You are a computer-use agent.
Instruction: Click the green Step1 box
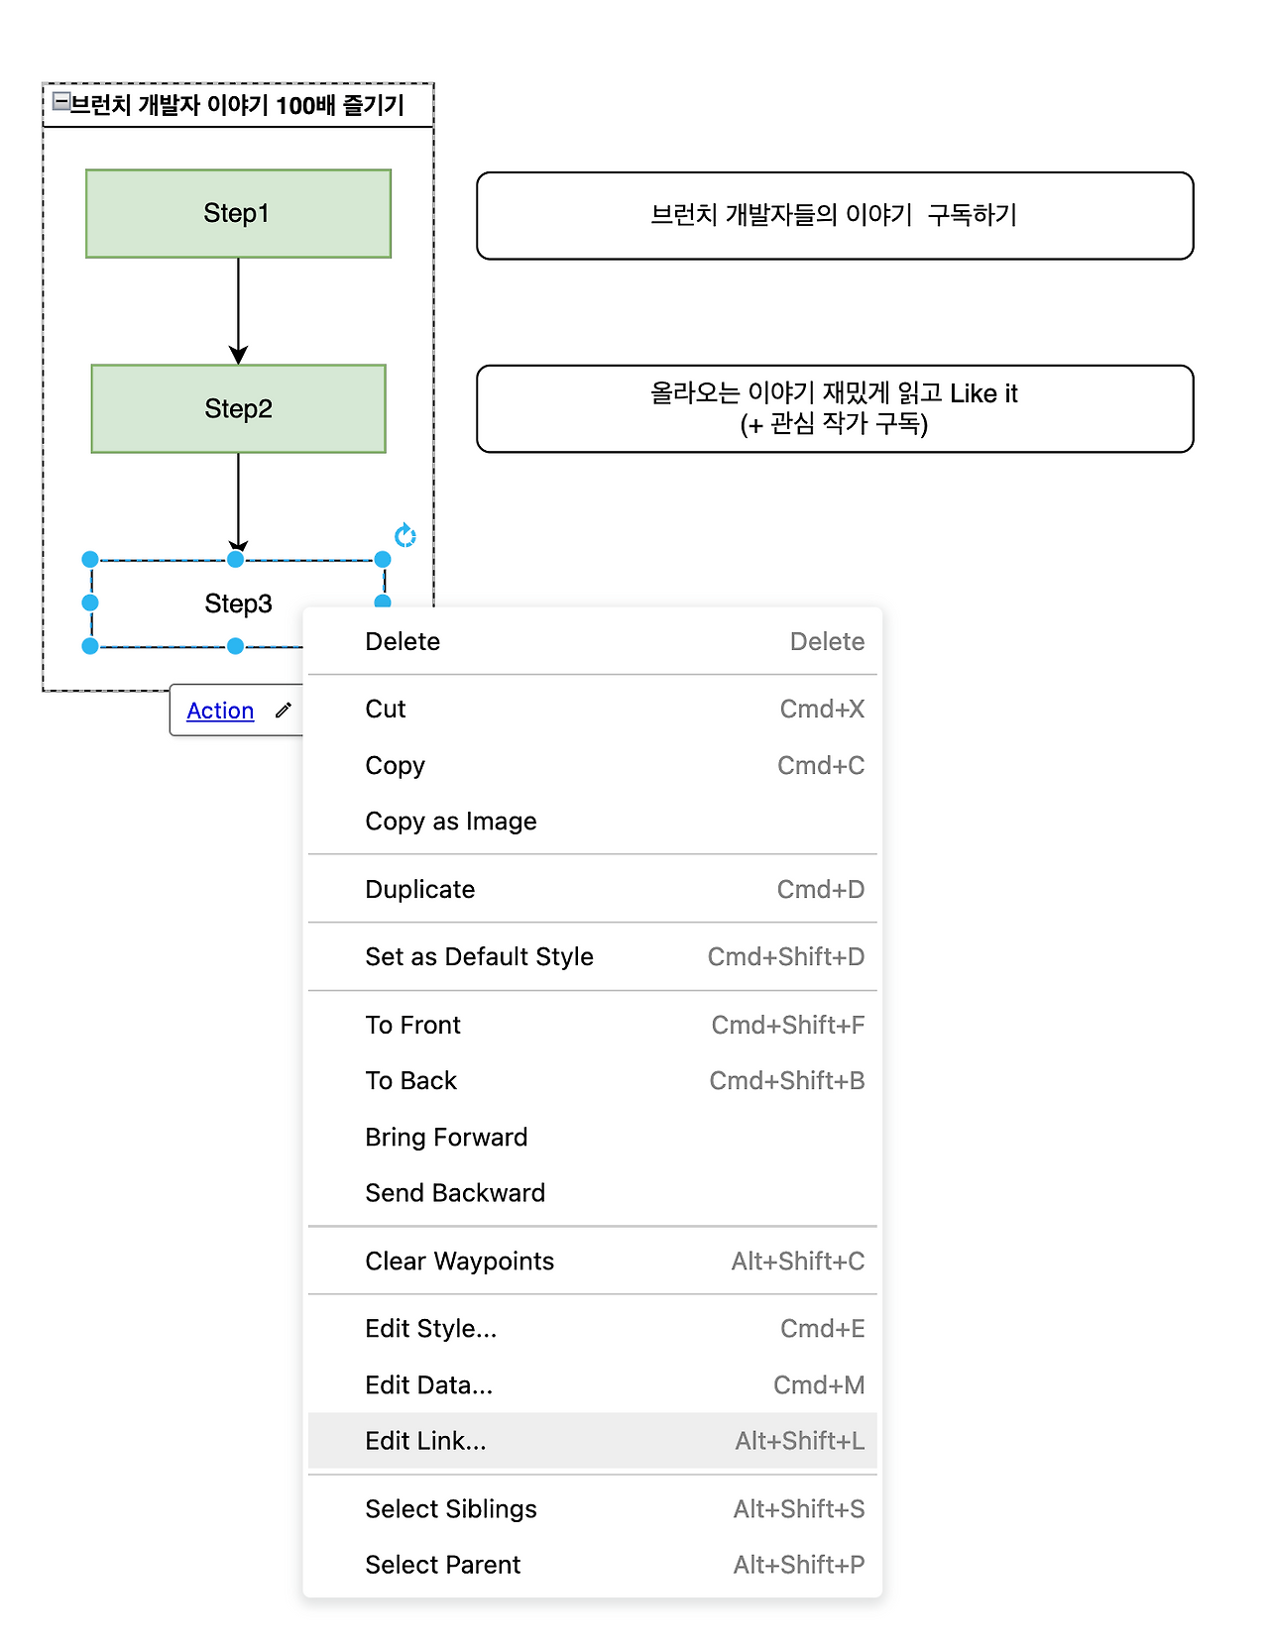click(238, 213)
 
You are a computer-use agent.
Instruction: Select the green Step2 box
click(238, 408)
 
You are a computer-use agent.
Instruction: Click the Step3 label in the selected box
click(238, 604)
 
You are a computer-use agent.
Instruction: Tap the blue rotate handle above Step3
click(404, 536)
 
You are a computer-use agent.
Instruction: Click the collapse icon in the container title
click(60, 101)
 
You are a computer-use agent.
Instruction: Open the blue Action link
click(220, 711)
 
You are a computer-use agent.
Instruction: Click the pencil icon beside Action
click(284, 710)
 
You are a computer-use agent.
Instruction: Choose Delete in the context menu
click(403, 641)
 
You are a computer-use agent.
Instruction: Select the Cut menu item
click(386, 709)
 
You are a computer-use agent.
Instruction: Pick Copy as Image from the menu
click(451, 821)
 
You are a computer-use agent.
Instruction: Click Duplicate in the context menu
click(420, 889)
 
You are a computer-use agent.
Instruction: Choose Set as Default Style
click(479, 956)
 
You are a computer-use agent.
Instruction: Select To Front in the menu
click(412, 1025)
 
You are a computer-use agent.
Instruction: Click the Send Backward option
click(455, 1192)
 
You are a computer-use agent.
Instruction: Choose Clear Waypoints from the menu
click(459, 1261)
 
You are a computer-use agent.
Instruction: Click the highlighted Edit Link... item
click(426, 1440)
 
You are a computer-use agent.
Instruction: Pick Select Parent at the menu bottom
click(443, 1564)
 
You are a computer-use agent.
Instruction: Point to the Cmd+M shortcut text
click(819, 1384)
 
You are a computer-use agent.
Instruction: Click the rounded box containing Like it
click(835, 408)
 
